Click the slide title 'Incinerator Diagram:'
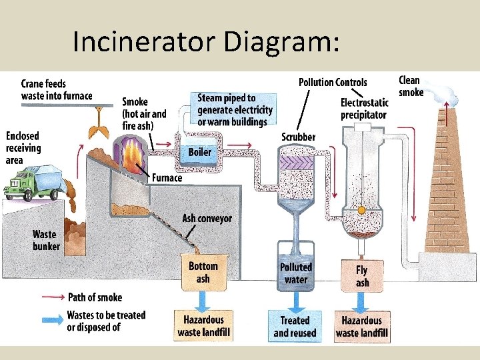coord(206,41)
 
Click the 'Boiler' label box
coord(200,153)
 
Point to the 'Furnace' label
coord(167,178)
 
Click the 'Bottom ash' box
coord(203,273)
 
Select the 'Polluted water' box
coord(295,273)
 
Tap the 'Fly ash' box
coord(361,276)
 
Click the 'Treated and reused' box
coord(295,327)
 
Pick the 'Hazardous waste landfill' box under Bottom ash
coord(203,327)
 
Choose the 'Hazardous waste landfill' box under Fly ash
coord(361,327)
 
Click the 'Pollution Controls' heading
coord(333,82)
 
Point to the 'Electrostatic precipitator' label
coord(363,109)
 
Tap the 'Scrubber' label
coord(298,137)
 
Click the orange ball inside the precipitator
coord(361,210)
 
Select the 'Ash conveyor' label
coord(207,219)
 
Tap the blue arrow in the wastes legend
coord(53,318)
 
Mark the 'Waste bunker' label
coord(45,240)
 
